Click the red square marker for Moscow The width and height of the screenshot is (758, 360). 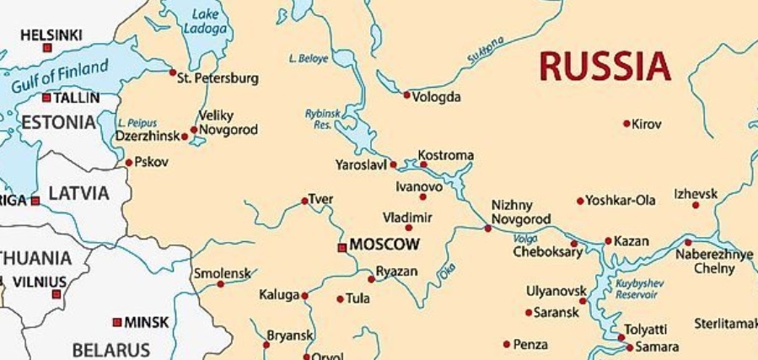341,247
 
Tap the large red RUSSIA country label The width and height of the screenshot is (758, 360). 605,66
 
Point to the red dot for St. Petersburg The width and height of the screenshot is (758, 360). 173,73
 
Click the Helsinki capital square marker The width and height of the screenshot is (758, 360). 47,48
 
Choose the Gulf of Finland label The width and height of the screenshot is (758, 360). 60,77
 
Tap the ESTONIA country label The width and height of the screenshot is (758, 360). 58,122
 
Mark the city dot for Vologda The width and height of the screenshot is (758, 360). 406,95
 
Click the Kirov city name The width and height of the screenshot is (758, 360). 647,124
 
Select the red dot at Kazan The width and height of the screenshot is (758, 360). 608,241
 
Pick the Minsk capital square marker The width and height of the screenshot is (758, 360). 117,322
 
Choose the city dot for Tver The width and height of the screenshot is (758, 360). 304,201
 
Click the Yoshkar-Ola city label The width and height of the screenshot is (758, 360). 621,201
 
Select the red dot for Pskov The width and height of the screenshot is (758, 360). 128,163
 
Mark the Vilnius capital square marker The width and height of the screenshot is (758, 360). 56,294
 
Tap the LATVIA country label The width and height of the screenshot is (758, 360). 78,194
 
